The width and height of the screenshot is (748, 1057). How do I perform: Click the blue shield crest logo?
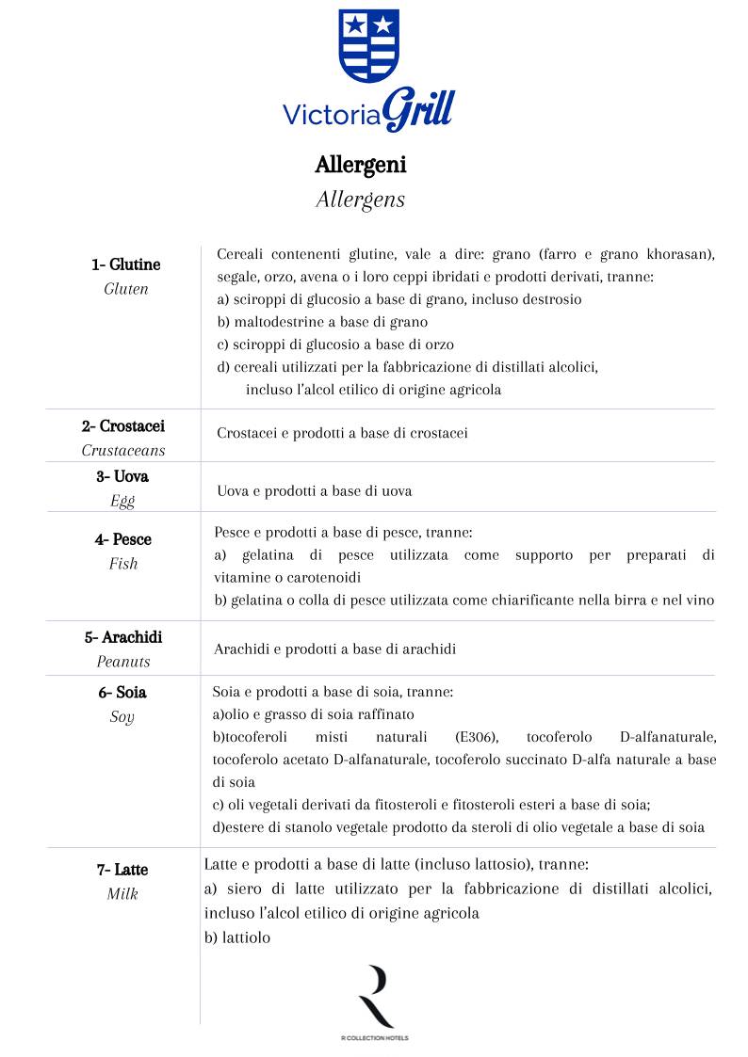point(369,45)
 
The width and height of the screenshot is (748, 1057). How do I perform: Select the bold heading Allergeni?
point(361,165)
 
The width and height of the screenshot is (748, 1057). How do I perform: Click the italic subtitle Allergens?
point(360,200)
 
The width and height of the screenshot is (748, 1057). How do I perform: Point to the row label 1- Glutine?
point(126,264)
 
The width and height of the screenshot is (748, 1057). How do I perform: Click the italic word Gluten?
point(126,289)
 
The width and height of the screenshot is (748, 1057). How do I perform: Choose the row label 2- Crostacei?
point(123,426)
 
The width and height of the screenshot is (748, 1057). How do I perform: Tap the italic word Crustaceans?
point(123,451)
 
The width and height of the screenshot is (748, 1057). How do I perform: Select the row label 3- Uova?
point(122,476)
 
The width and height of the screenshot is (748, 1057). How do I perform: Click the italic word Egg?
point(122,501)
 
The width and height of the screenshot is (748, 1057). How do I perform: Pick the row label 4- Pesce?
point(122,539)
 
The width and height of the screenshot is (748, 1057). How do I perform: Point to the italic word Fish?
point(122,564)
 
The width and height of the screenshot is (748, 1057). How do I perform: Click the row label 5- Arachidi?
point(123,637)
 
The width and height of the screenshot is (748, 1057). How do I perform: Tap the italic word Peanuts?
point(123,662)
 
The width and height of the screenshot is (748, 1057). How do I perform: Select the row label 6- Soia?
point(122,693)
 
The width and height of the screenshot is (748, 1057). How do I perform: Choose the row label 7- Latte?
point(122,870)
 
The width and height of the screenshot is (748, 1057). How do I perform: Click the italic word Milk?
point(122,894)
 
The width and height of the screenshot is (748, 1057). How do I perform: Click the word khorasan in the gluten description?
point(676,255)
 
